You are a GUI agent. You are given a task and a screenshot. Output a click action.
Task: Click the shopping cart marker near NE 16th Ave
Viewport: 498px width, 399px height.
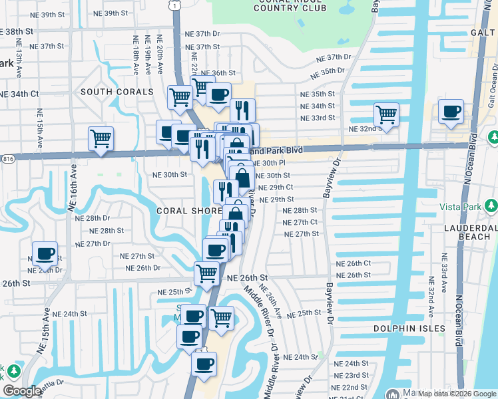pos(101,139)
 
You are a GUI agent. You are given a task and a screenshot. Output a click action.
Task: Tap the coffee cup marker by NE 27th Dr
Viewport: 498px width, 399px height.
pos(45,253)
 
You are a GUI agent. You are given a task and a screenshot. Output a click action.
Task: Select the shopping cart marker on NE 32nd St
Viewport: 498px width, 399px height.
pos(386,114)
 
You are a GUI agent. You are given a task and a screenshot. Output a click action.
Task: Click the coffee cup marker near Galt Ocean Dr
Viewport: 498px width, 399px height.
pos(451,112)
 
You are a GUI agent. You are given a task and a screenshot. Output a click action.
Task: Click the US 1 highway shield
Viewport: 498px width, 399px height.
pos(174,5)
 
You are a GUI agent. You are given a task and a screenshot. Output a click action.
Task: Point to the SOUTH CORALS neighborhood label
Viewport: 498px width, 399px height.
pos(117,92)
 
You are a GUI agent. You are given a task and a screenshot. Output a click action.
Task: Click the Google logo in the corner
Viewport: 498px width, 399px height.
pos(22,391)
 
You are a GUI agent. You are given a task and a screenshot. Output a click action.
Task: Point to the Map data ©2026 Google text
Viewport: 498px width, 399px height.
pos(456,393)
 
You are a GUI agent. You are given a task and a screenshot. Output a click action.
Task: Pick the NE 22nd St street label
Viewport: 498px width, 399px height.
pos(350,386)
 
